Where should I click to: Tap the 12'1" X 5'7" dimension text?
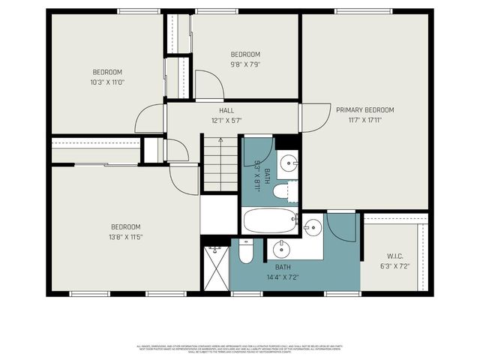226,120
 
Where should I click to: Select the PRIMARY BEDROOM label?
364,109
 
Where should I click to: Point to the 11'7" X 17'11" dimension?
364,119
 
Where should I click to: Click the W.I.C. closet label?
394,255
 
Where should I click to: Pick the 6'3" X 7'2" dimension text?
394,265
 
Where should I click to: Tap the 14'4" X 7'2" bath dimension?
283,277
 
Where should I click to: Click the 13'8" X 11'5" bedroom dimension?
126,237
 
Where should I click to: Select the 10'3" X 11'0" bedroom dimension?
108,82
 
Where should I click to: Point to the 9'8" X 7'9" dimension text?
245,64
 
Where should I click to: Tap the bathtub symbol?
270,220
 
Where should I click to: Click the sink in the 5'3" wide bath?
289,163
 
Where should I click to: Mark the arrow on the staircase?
220,141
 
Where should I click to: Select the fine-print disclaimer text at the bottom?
240,349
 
